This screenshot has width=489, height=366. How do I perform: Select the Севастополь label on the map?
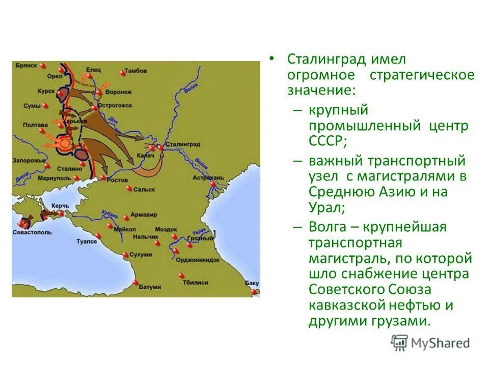[x=32, y=232]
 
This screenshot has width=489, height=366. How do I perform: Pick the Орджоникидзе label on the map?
[x=198, y=259]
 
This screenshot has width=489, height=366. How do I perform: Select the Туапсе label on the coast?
[x=87, y=241]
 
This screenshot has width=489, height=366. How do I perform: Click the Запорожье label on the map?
[x=27, y=160]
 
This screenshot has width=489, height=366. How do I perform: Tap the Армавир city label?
[x=144, y=215]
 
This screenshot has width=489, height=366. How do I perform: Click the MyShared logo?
[x=430, y=343]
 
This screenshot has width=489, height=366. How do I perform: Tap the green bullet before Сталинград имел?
[x=273, y=58]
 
